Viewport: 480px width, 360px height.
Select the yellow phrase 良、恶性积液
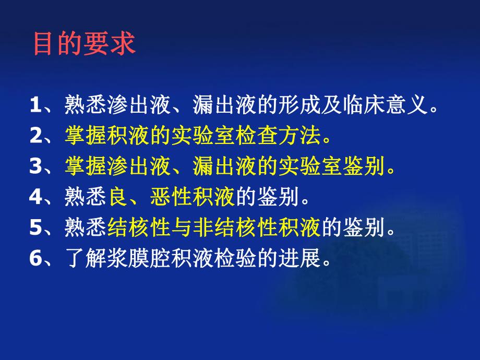[172, 198]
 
